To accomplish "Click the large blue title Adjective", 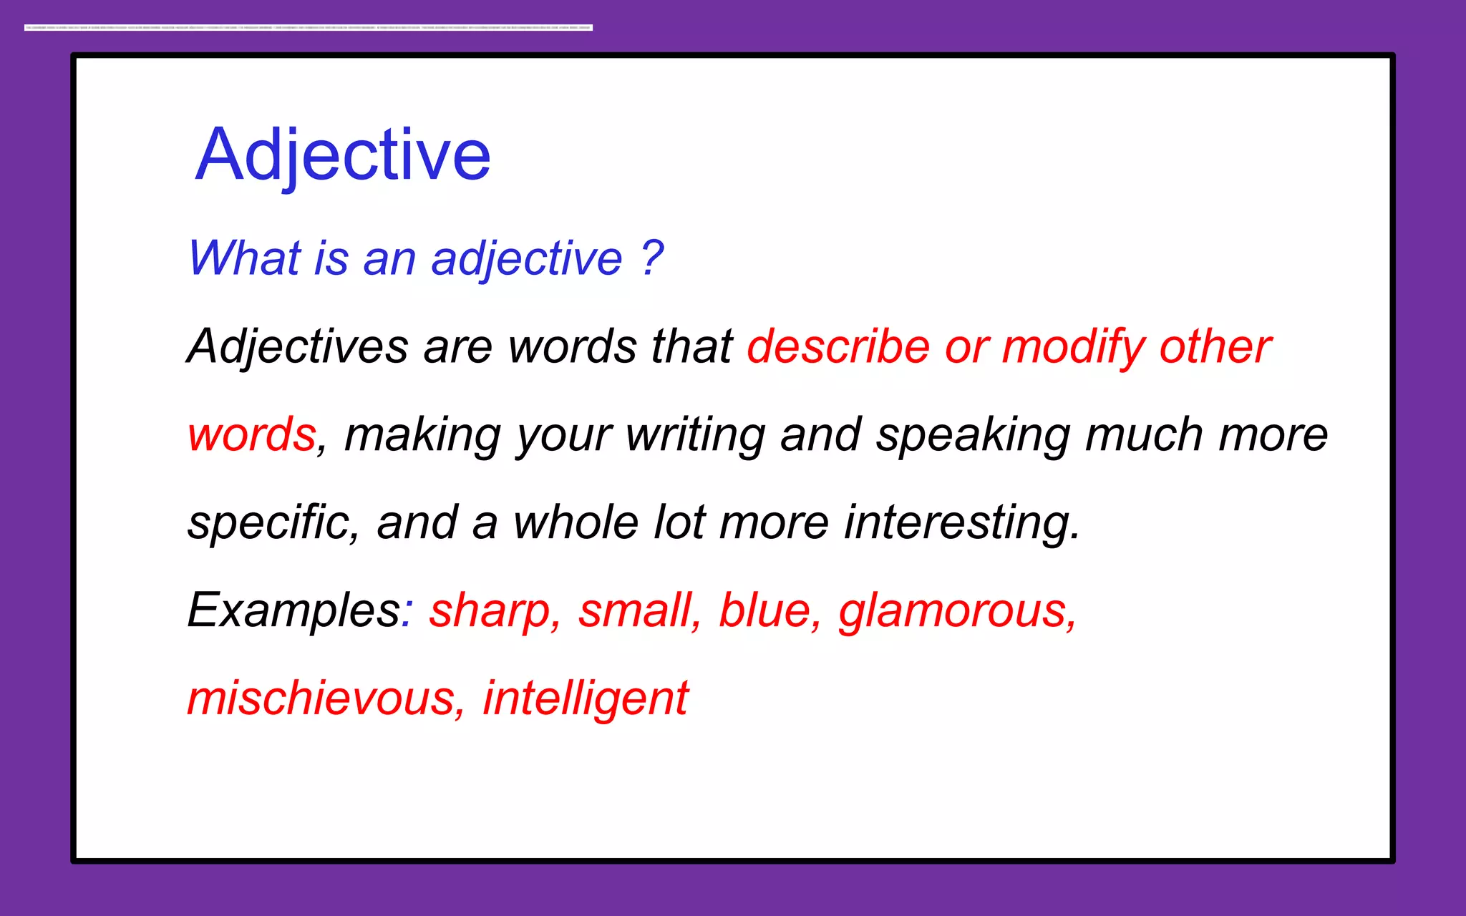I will click(x=343, y=155).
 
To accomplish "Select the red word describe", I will click(x=838, y=347).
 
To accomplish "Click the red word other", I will click(x=1215, y=347).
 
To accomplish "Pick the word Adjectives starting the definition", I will click(x=298, y=347).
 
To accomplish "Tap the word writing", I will click(x=695, y=435).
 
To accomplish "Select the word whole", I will click(x=576, y=522).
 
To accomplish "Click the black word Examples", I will click(x=294, y=611).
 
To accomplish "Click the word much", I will click(x=1143, y=435).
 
